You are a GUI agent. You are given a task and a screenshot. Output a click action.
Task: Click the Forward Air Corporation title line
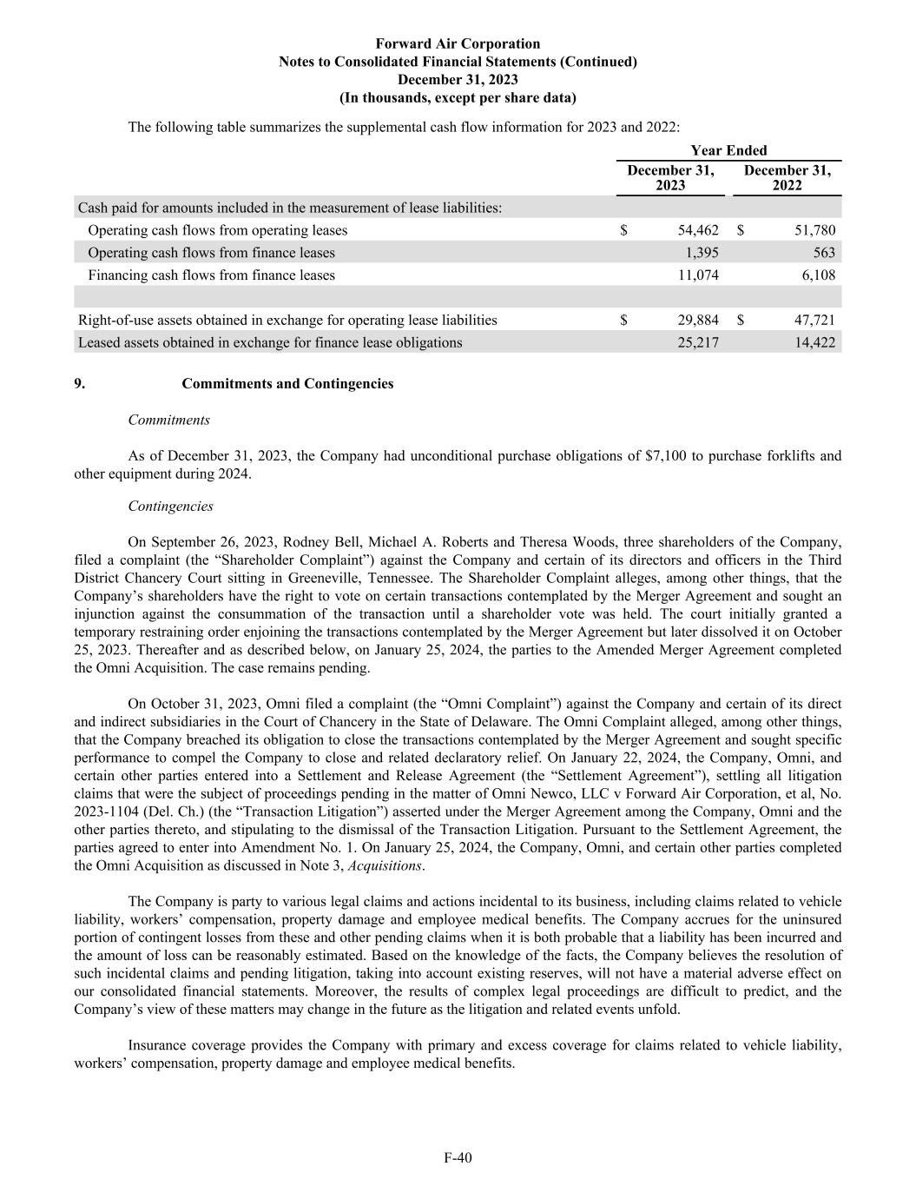click(458, 43)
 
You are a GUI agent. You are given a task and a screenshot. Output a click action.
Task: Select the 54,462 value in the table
click(698, 230)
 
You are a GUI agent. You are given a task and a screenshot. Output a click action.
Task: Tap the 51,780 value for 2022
click(814, 230)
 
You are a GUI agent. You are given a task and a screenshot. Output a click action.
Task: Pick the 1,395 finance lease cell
click(702, 253)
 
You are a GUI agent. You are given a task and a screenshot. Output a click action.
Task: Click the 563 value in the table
click(825, 253)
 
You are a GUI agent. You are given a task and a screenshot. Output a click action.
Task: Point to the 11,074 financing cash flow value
click(698, 275)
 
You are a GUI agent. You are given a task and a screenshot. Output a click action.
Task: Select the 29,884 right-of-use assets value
click(698, 321)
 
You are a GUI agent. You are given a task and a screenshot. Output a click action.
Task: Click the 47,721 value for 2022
click(814, 321)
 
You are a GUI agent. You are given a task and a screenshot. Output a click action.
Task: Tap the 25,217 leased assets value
click(698, 343)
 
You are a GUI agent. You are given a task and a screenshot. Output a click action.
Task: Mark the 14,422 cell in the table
click(814, 343)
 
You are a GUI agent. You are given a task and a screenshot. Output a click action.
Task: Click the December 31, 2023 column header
click(670, 178)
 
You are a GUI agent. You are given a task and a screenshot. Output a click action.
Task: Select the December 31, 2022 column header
click(787, 178)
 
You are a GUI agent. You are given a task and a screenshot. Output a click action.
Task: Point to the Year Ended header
click(728, 150)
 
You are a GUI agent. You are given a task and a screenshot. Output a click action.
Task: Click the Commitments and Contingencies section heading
click(287, 384)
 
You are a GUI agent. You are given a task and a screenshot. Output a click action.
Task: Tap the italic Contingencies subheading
click(170, 507)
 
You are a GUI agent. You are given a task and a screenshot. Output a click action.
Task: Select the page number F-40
click(458, 1157)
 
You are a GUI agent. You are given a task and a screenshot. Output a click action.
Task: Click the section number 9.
click(79, 384)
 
